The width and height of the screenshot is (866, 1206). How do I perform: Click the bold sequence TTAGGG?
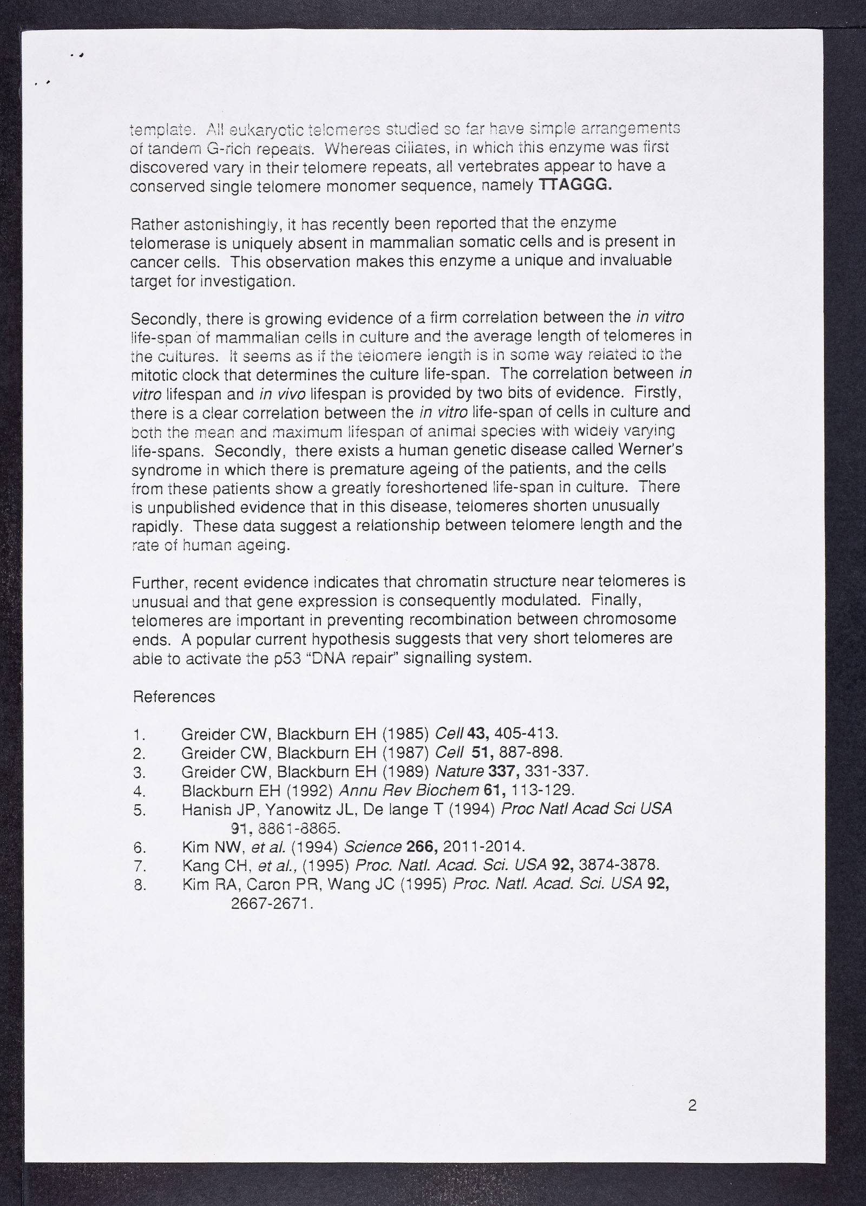(x=575, y=185)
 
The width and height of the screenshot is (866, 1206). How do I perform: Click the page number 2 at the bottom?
(x=692, y=1090)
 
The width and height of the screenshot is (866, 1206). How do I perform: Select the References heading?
(x=174, y=697)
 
